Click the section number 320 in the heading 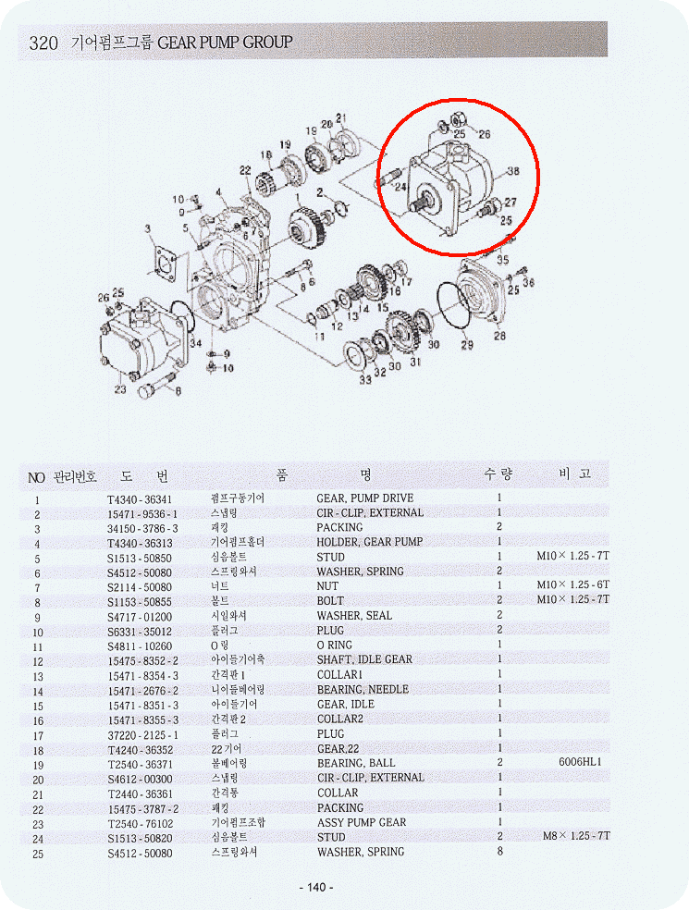[43, 43]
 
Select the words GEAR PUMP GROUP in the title [225, 42]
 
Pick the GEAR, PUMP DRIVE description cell [365, 498]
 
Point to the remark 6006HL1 [580, 763]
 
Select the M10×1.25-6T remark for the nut [573, 586]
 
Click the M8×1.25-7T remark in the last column [573, 837]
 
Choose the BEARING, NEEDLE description [363, 690]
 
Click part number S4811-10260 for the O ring [140, 646]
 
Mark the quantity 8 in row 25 [499, 852]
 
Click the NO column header [36, 477]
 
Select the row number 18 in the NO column [37, 748]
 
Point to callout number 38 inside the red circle [511, 171]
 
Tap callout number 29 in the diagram [467, 345]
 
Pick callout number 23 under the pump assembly [119, 389]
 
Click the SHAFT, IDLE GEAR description [364, 660]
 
